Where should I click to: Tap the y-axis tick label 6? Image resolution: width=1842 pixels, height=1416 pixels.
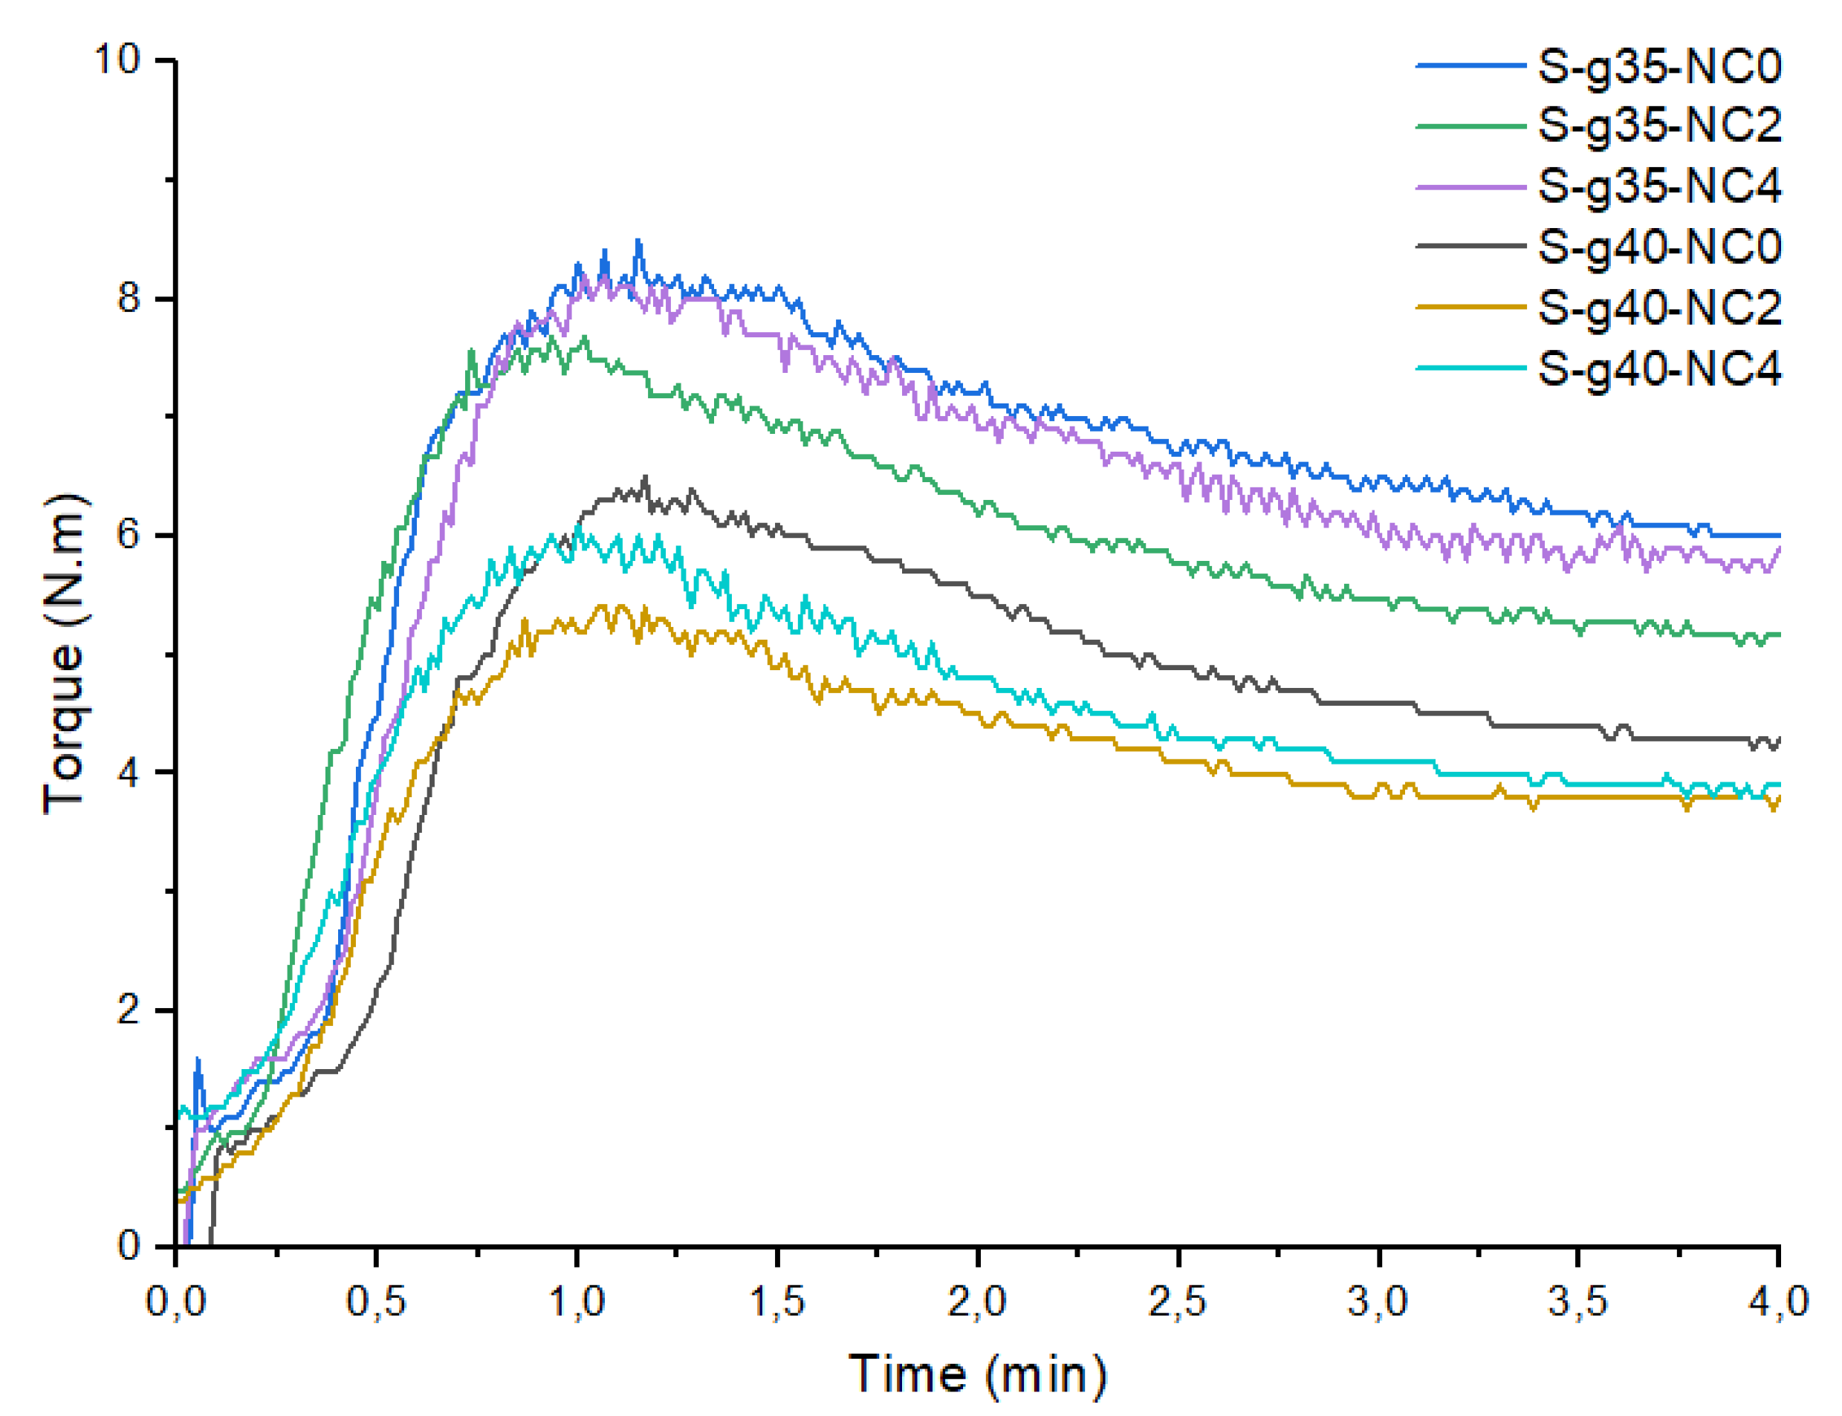(128, 534)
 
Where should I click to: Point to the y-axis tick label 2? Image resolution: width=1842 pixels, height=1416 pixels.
(128, 1009)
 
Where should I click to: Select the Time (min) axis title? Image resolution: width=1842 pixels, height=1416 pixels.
(976, 1374)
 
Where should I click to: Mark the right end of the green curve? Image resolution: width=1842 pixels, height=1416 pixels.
(1777, 634)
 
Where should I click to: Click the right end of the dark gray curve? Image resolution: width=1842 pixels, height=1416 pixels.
(1777, 739)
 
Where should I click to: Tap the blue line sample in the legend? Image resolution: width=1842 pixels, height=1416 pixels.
(1470, 65)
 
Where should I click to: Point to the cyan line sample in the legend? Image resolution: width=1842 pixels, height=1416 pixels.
(1470, 368)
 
